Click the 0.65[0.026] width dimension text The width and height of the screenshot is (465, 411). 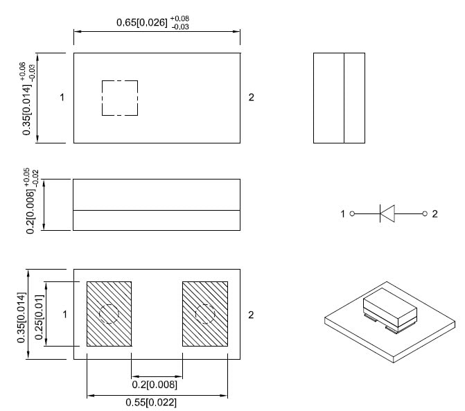pyautogui.click(x=141, y=22)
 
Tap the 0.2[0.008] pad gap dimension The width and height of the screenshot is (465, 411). pyautogui.click(x=155, y=385)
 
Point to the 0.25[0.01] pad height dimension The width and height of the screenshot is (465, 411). pyautogui.click(x=40, y=314)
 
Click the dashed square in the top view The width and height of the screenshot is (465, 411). pyautogui.click(x=120, y=98)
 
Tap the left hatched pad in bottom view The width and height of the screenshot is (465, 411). pyautogui.click(x=109, y=314)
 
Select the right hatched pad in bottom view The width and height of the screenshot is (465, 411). pyautogui.click(x=205, y=314)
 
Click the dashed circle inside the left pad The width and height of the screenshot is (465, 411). pyautogui.click(x=109, y=314)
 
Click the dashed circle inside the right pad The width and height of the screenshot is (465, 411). pyautogui.click(x=205, y=314)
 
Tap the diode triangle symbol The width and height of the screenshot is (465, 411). pyautogui.click(x=388, y=213)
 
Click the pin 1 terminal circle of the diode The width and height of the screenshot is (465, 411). pyautogui.click(x=352, y=213)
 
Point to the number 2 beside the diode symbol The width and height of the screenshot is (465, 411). pyautogui.click(x=435, y=213)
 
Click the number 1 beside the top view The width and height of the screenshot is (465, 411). pyautogui.click(x=62, y=98)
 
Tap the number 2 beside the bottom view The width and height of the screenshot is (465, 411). pyautogui.click(x=251, y=315)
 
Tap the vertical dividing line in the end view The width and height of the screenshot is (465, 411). pyautogui.click(x=344, y=98)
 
